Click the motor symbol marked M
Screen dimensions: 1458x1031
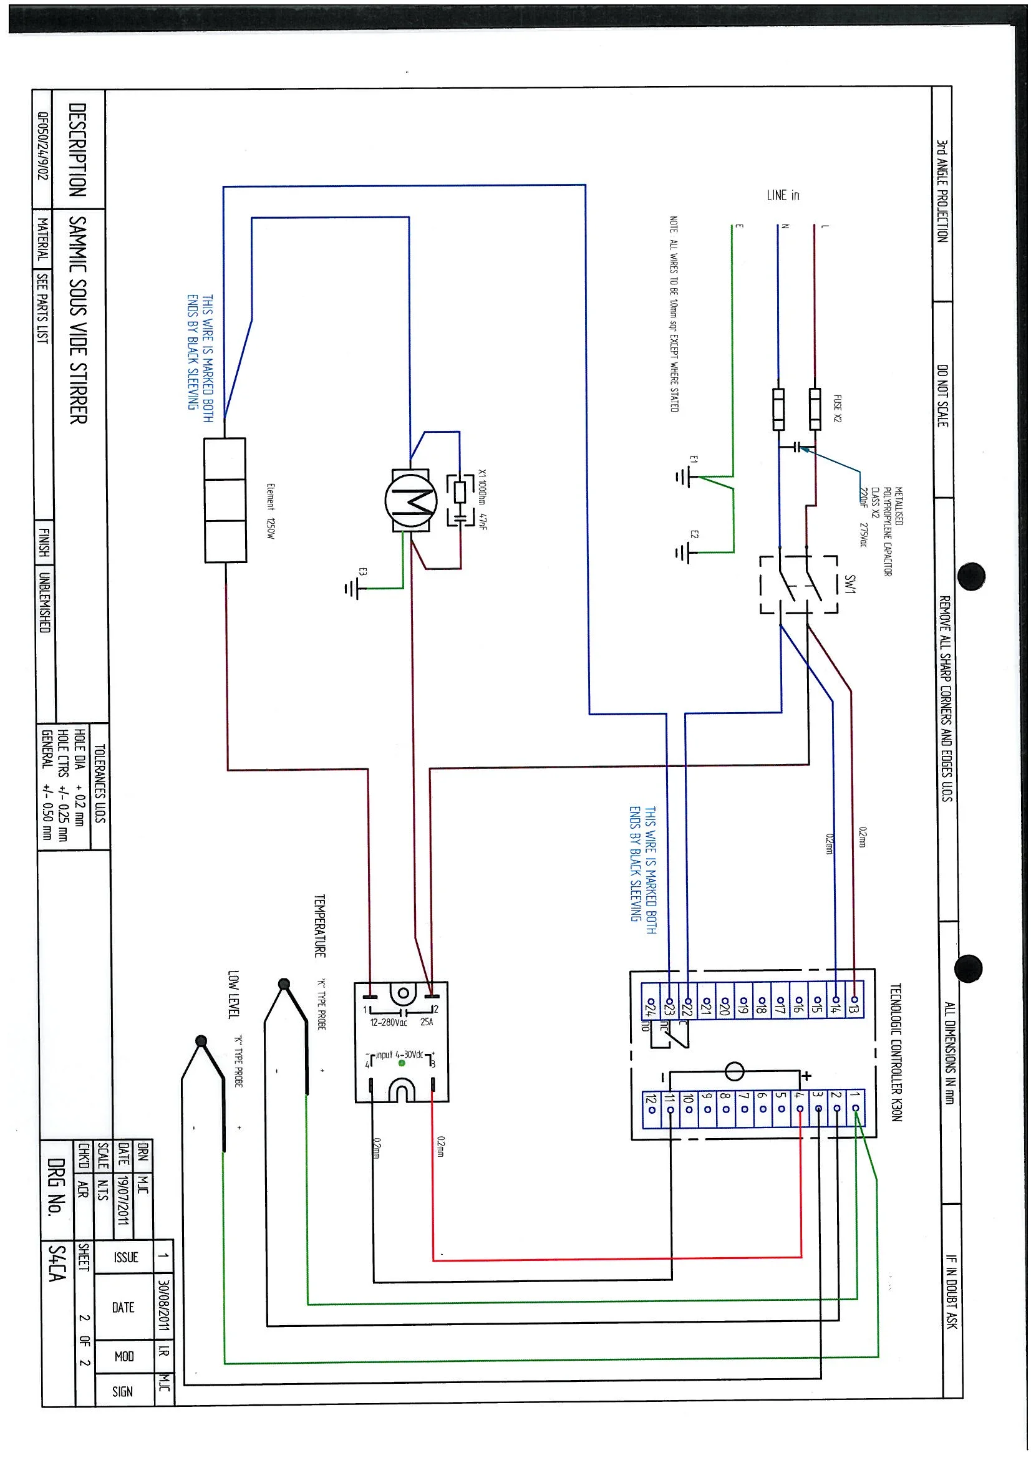[x=410, y=502]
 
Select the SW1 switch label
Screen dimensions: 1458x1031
[x=850, y=584]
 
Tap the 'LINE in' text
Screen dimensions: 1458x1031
[x=783, y=196]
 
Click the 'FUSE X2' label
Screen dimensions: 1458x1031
[x=838, y=408]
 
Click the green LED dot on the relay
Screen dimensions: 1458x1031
[x=402, y=1063]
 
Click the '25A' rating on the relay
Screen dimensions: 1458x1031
[x=427, y=1022]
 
